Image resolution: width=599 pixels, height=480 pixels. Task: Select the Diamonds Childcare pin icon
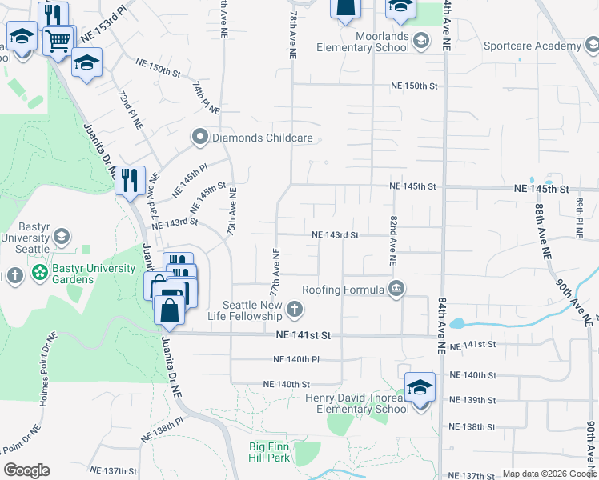[200, 138]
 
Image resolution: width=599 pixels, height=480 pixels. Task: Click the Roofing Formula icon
[396, 289]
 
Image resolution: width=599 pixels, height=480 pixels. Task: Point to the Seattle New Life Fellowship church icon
[295, 309]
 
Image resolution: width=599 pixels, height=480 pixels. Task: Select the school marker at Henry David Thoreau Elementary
[420, 388]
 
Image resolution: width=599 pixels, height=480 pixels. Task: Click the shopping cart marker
[58, 40]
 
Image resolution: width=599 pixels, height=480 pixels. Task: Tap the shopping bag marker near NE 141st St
[170, 309]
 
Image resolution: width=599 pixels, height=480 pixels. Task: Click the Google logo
[26, 470]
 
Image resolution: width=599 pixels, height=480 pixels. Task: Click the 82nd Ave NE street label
[393, 240]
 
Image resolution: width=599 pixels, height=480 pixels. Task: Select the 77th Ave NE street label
[275, 273]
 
